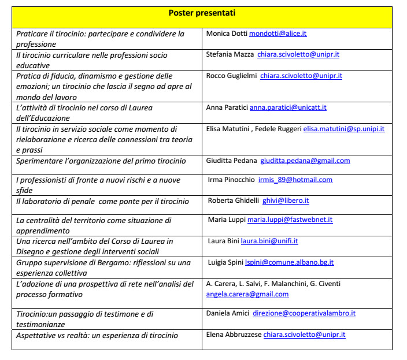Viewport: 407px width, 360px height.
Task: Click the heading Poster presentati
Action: [202, 13]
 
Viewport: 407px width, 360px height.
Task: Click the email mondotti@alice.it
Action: [277, 34]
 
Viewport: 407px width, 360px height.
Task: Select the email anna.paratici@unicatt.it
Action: [288, 107]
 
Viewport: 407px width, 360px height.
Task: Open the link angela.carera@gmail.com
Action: [247, 294]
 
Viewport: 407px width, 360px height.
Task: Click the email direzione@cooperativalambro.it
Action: [304, 313]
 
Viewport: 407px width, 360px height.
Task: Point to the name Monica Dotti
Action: [226, 34]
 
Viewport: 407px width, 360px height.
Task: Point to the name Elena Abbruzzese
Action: [234, 335]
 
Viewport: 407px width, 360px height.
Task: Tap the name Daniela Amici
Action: [227, 313]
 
